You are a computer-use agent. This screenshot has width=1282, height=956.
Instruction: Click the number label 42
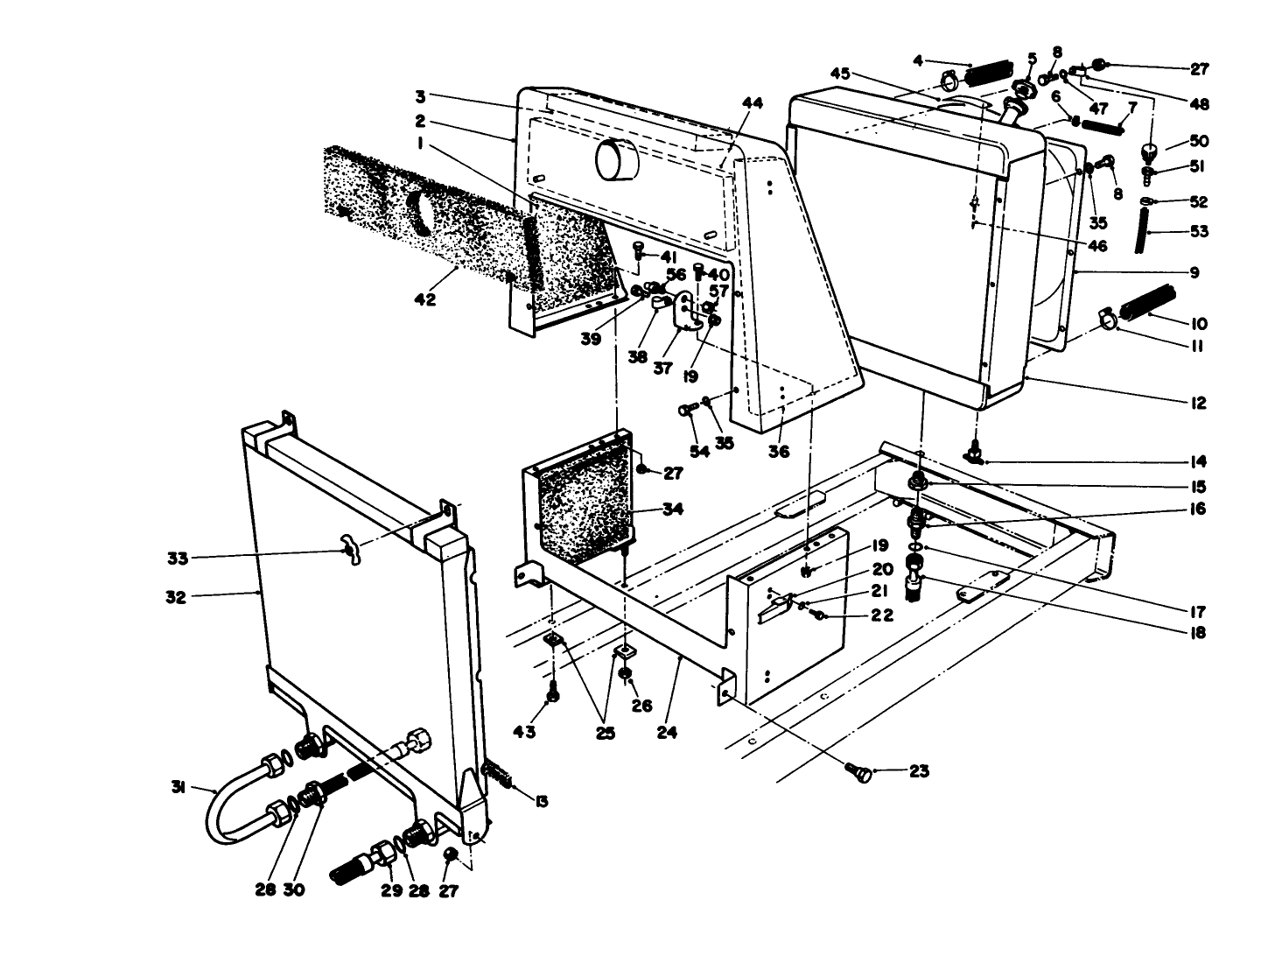click(425, 299)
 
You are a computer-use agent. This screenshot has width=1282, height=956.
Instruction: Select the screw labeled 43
click(552, 695)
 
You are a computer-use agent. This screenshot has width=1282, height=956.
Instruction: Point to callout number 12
click(1198, 404)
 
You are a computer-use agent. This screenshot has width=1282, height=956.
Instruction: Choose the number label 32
click(176, 598)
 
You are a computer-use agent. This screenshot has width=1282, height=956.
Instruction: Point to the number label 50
click(1198, 141)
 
